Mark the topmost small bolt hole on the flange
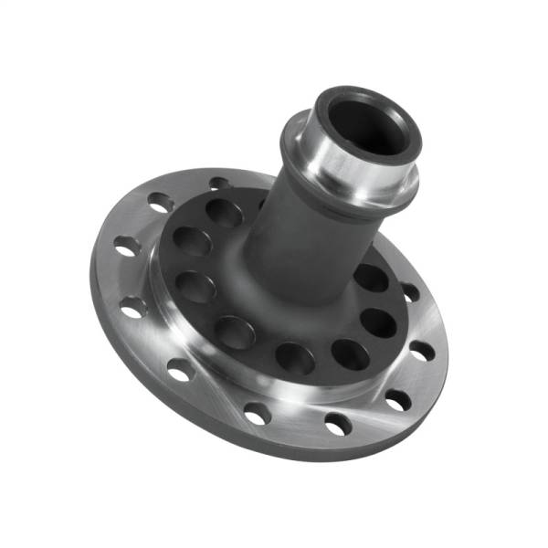219,184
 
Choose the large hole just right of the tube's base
370,277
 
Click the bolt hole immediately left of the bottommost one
258,414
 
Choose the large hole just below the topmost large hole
191,241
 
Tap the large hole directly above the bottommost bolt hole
346,354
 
